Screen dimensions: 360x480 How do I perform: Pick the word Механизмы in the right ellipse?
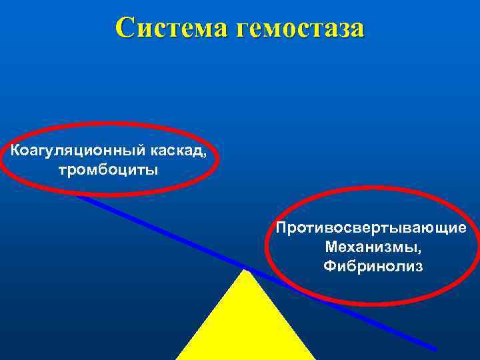click(371, 247)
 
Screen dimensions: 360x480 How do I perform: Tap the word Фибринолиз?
click(373, 267)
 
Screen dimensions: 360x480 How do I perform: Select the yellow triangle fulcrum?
click(245, 327)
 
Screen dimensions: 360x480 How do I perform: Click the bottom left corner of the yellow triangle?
click(177, 359)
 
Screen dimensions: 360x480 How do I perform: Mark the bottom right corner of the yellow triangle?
click(314, 359)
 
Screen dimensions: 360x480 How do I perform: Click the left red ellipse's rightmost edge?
click(217, 159)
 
